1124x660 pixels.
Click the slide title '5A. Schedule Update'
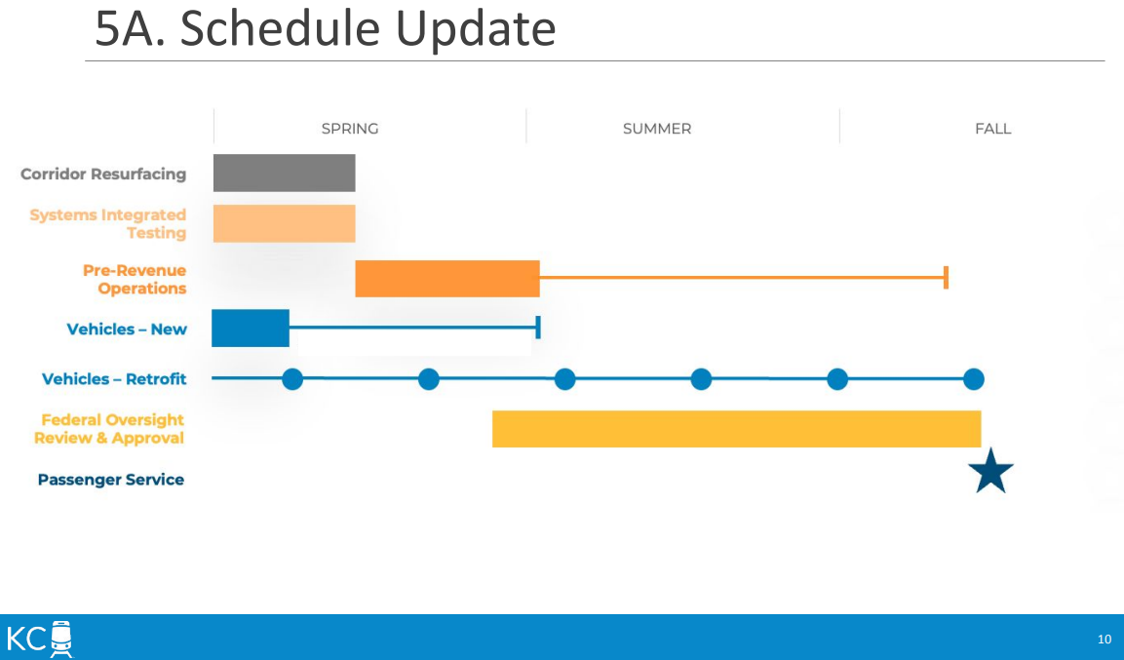325,29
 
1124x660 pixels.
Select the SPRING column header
350,129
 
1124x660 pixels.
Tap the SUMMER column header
657,129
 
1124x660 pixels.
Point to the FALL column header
992,129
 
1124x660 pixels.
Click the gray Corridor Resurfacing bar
284,173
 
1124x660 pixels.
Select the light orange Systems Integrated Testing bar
284,223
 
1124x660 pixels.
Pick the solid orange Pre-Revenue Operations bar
447,278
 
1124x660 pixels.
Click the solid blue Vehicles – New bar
251,329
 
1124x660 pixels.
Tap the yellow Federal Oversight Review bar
736,429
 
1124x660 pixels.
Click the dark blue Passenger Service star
990,472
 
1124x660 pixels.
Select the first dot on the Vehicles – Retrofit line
292,379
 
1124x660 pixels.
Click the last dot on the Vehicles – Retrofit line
974,379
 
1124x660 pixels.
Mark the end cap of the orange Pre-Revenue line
947,277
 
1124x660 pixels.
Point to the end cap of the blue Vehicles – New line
537,328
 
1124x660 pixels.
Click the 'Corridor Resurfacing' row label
103,175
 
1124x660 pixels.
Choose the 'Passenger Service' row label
111,480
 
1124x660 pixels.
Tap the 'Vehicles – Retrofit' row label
114,379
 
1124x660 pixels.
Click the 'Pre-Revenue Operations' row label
135,280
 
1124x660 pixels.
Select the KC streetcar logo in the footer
40,639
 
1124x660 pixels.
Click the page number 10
1104,640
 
